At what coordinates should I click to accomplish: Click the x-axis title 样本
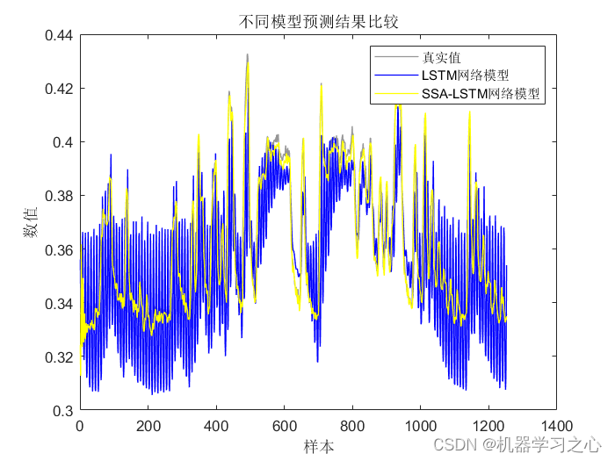[319, 447]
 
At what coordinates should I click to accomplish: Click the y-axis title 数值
[31, 223]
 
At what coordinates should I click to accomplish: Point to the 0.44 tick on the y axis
[59, 36]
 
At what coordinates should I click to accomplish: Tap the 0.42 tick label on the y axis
[59, 90]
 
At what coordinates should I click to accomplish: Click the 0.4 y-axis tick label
[63, 143]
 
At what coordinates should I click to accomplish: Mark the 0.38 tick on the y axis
[59, 197]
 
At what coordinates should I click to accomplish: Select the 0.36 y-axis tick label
[59, 250]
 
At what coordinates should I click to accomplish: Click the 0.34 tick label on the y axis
[59, 304]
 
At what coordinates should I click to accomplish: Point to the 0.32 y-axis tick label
[59, 357]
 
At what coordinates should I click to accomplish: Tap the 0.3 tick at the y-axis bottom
[63, 411]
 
